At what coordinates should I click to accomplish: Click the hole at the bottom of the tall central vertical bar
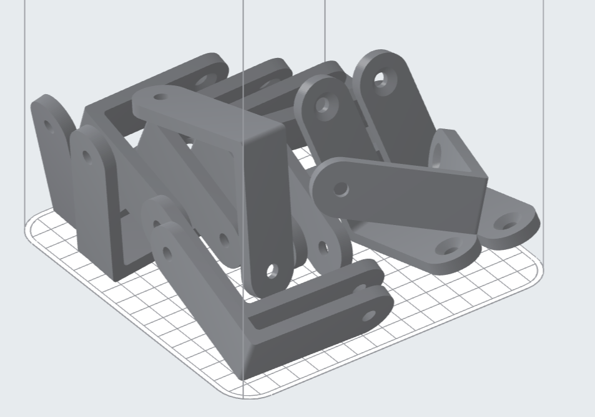271,271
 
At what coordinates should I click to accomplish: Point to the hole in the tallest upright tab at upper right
379,80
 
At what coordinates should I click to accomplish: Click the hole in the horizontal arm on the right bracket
341,188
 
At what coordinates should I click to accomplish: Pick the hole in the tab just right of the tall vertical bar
323,247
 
